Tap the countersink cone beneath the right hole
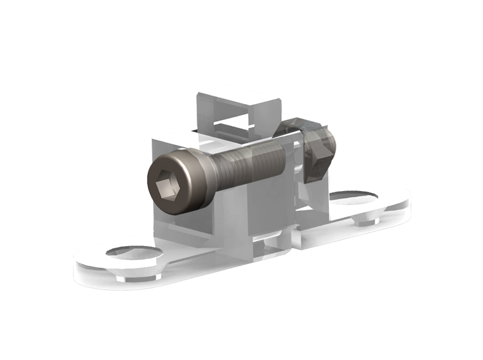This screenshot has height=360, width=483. [x=366, y=221]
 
